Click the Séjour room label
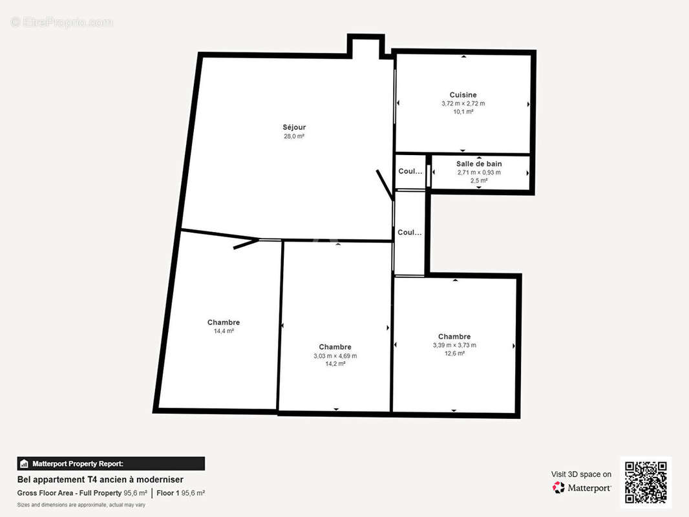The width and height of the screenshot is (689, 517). click(x=294, y=127)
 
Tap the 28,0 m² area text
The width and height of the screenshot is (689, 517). click(x=294, y=136)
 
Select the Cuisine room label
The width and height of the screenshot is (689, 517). click(x=463, y=95)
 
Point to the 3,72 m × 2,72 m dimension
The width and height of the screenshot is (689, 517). click(x=463, y=103)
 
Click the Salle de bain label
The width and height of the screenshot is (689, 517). click(x=479, y=164)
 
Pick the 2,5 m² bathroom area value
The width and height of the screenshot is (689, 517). click(x=479, y=181)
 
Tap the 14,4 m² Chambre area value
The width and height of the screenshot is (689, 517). click(x=224, y=331)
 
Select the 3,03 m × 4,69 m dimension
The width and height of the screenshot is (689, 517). click(x=335, y=355)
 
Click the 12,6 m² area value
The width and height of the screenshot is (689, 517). click(x=454, y=353)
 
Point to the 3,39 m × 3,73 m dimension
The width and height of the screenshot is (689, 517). click(x=454, y=345)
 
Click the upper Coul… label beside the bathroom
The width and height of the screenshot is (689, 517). click(x=410, y=172)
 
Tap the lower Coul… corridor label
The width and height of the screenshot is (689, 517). click(x=410, y=233)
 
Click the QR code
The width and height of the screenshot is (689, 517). click(x=646, y=482)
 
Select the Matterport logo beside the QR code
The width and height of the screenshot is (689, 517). click(x=582, y=488)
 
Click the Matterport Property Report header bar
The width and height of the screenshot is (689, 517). click(x=111, y=463)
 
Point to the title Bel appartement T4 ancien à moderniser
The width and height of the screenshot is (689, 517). click(x=100, y=480)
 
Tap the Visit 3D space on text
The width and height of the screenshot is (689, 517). click(x=581, y=474)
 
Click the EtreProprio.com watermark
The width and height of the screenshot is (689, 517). click(x=62, y=23)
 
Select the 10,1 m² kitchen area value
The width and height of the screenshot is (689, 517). click(x=463, y=112)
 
